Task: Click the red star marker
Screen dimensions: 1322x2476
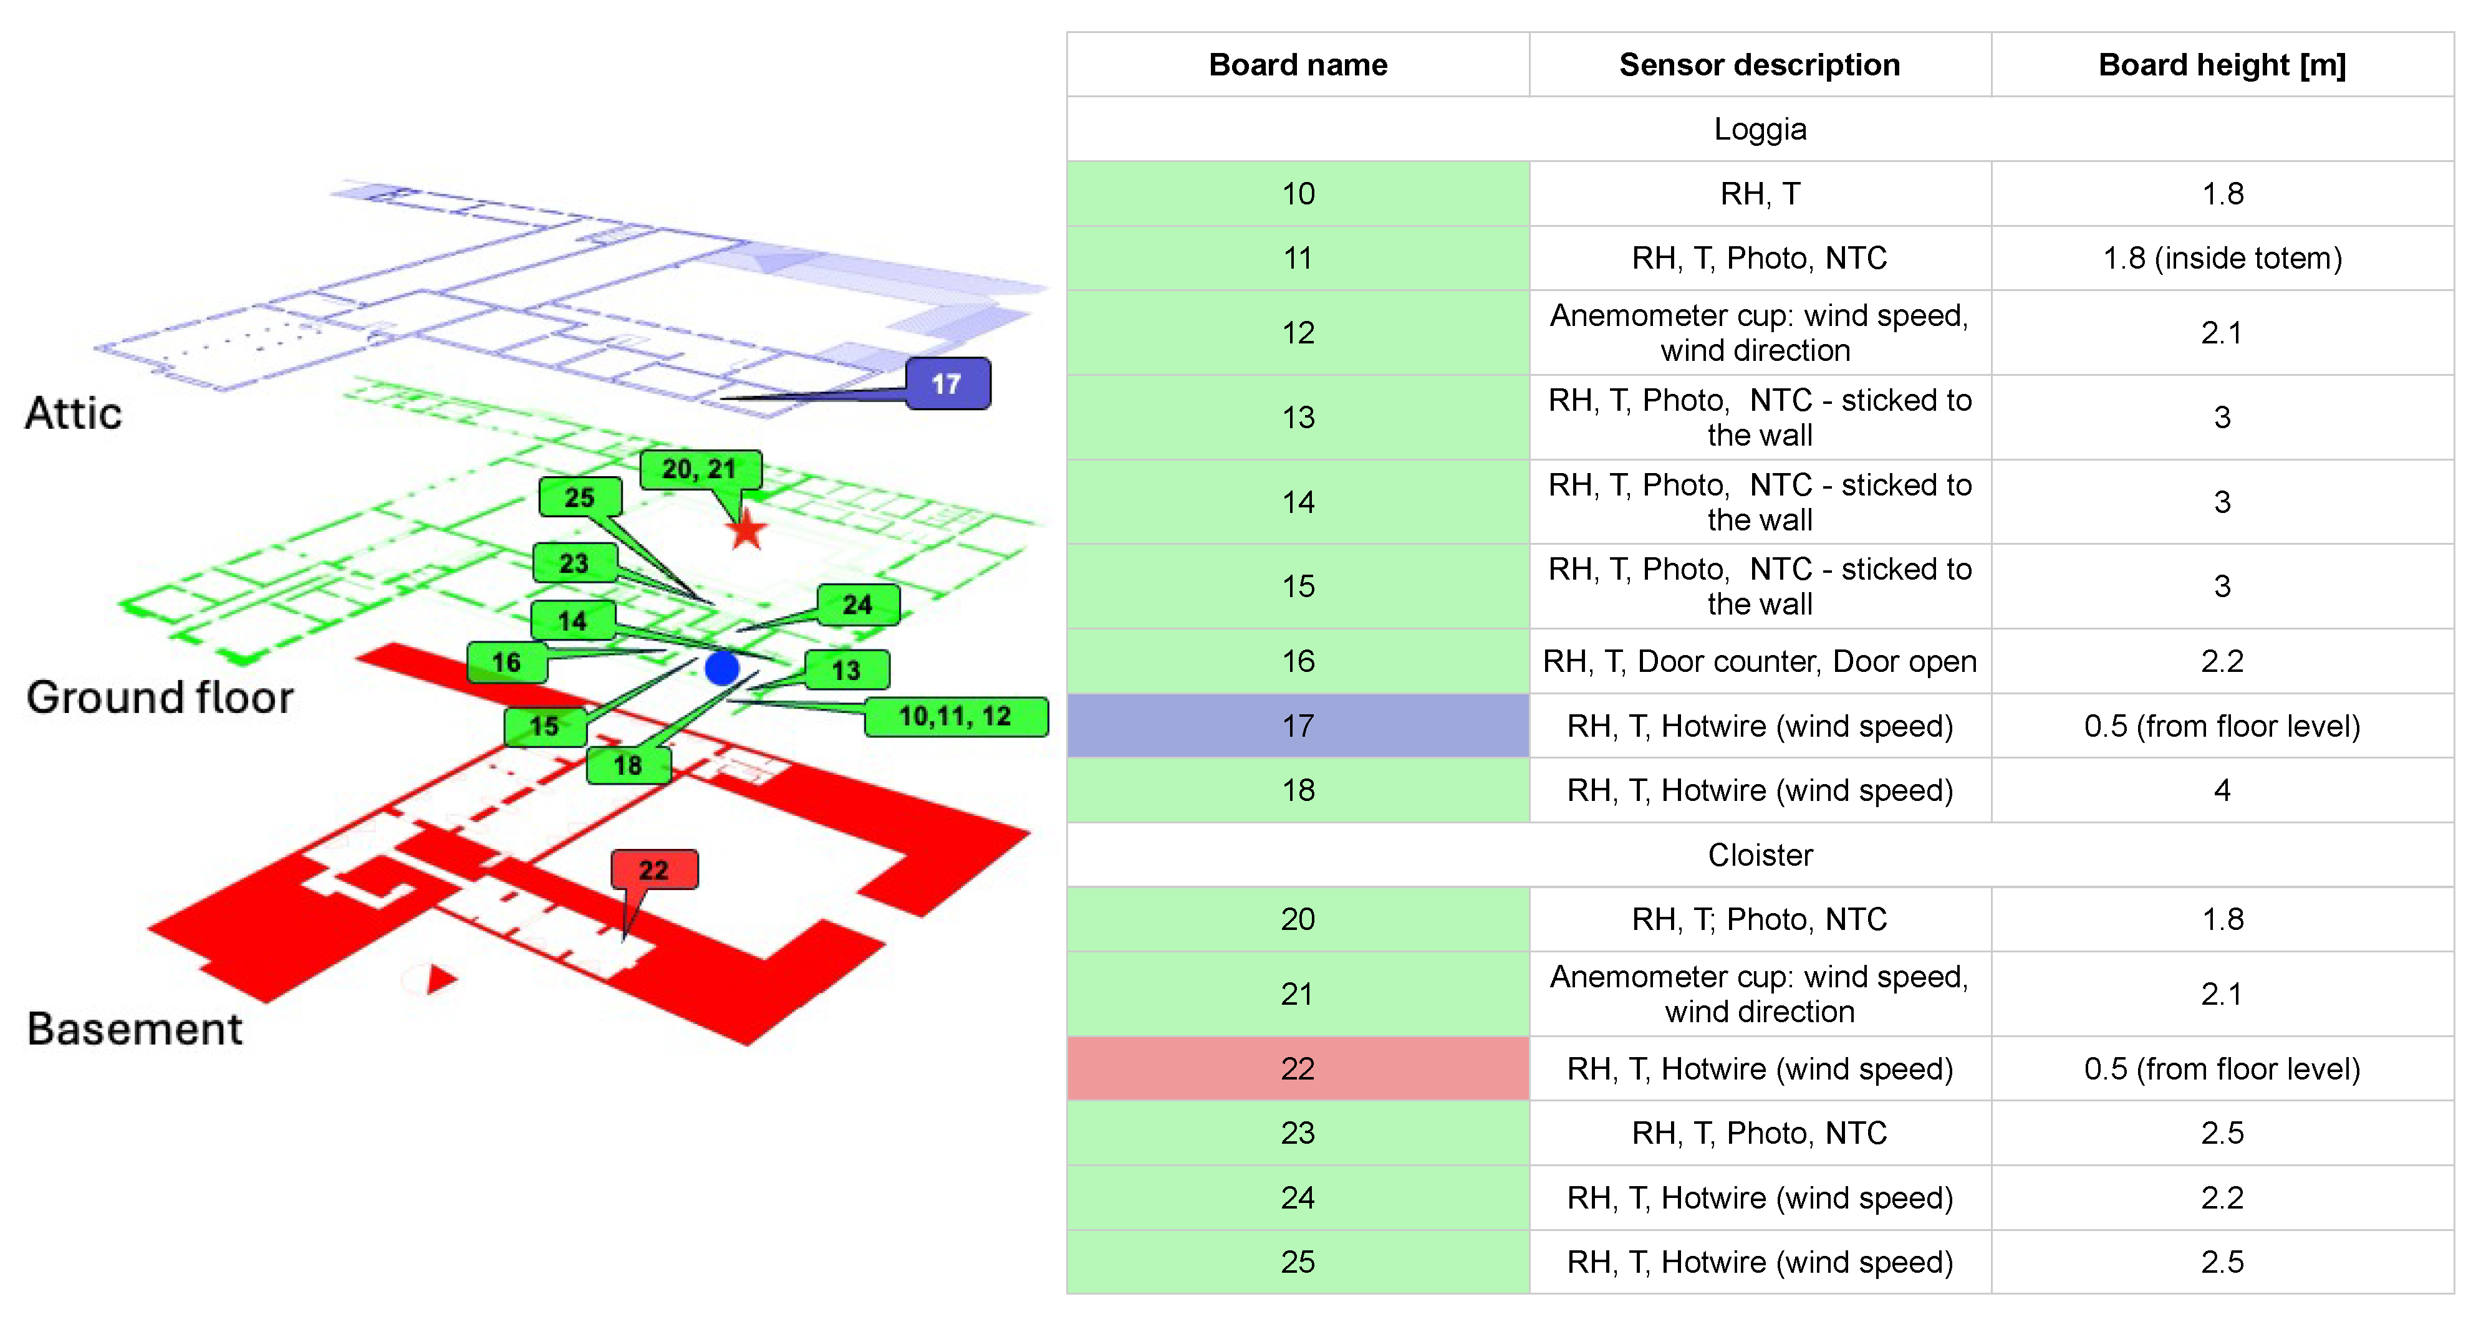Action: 746,530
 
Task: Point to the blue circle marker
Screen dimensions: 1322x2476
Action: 722,668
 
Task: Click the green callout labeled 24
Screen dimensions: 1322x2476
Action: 857,605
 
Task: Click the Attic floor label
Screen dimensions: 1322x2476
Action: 74,413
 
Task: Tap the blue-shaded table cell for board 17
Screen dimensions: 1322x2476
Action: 1298,726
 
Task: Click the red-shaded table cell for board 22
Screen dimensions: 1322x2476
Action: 1298,1068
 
